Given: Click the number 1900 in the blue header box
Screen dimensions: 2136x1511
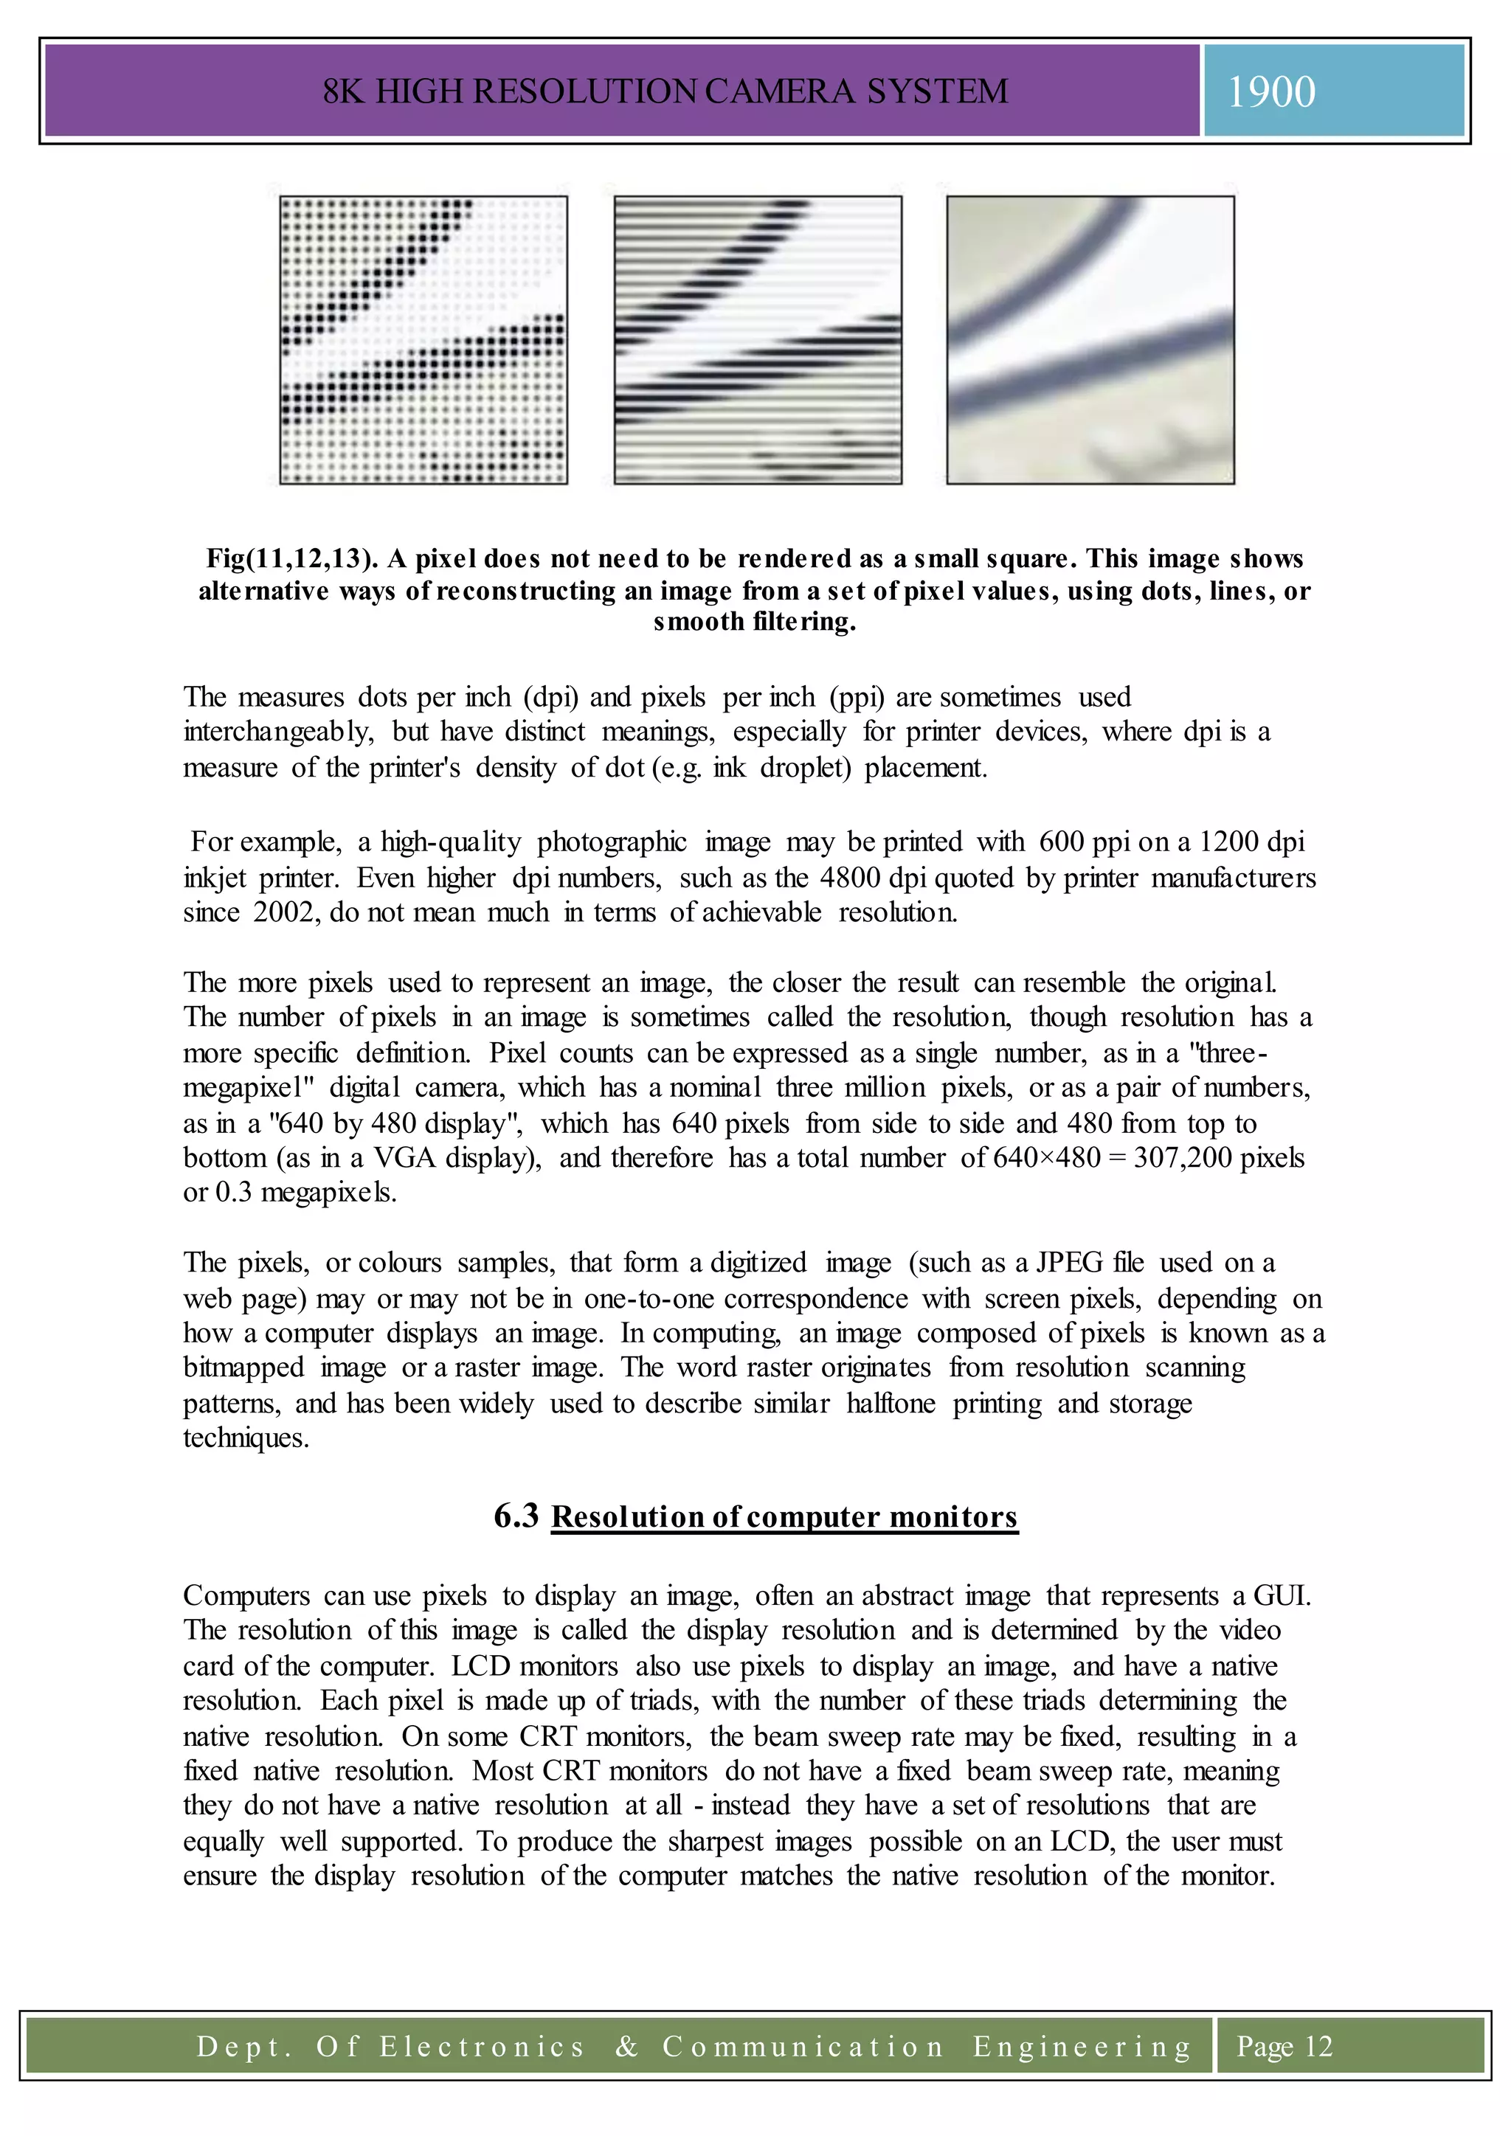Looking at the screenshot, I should click(x=1271, y=92).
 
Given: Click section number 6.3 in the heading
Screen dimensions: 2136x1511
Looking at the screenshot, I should click(x=516, y=1516).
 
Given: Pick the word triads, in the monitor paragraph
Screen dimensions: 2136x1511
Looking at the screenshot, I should click(x=660, y=1702).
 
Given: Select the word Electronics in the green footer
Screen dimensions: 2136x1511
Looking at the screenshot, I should click(x=481, y=2047).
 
